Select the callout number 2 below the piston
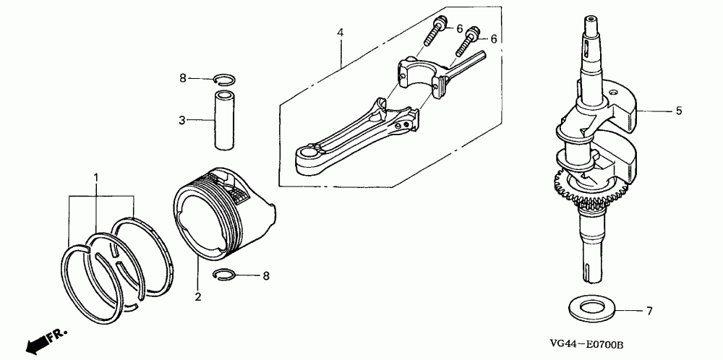point(197,296)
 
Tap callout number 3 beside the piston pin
point(183,119)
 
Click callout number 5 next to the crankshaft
point(679,111)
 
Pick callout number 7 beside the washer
point(649,312)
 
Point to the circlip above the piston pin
point(226,80)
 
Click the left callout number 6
point(458,28)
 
